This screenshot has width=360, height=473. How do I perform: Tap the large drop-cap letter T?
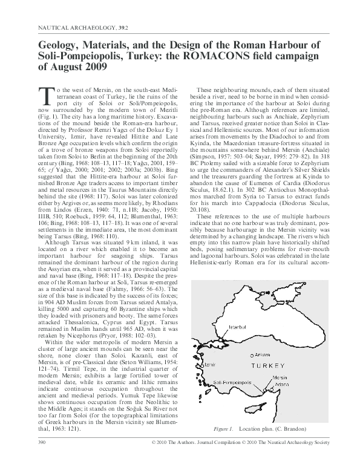[47, 94]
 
